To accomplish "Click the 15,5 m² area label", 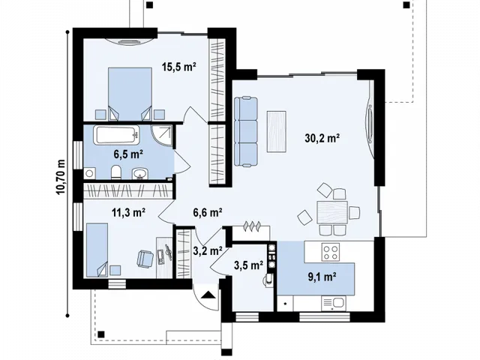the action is tap(179, 66).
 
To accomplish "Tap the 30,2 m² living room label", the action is tap(322, 138).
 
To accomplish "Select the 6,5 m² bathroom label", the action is tap(128, 154).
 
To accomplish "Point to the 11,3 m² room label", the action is tap(128, 211).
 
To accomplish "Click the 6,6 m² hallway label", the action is tap(208, 211).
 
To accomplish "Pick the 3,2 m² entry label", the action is tap(208, 250).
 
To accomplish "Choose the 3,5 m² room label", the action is tap(248, 265).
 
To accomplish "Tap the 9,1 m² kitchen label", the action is tap(322, 277).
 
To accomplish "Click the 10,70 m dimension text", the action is tap(61, 177).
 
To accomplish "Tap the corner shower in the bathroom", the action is tap(162, 134).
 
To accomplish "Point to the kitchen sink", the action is tap(334, 303).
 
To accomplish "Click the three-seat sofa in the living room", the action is tap(246, 132).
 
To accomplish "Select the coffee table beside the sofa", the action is tap(277, 131).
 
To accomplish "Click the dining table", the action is tap(332, 212).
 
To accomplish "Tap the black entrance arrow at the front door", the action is tap(209, 295).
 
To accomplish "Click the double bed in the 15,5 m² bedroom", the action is tap(130, 94).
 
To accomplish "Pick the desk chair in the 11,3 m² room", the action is tap(145, 259).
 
